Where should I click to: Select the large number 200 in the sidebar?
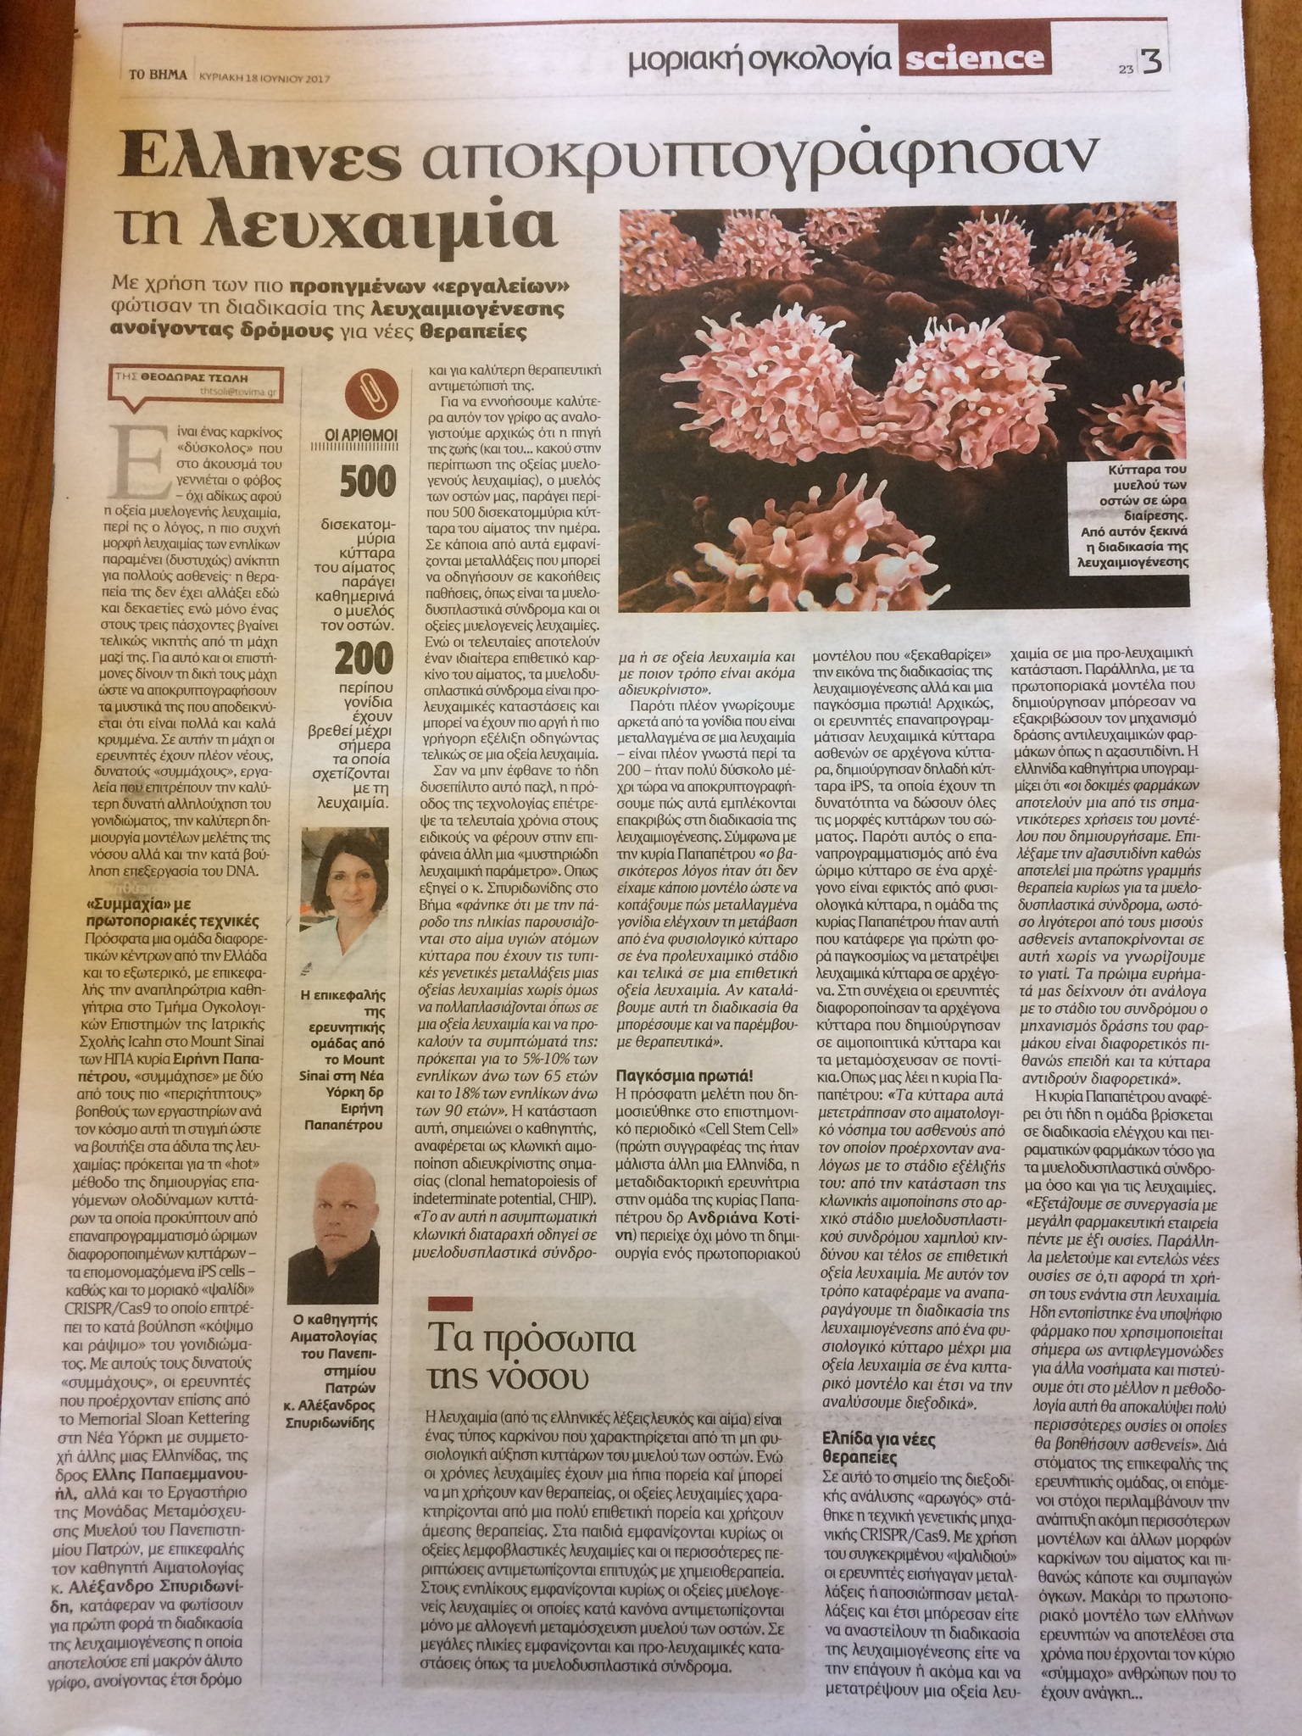(365, 658)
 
